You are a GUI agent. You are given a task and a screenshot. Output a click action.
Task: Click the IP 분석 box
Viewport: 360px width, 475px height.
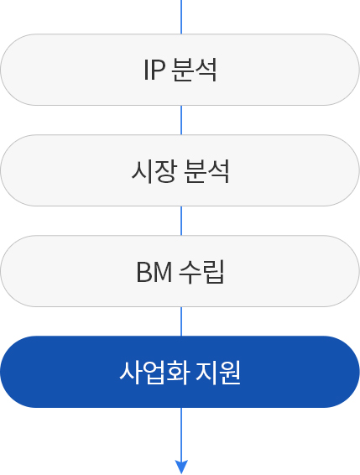click(180, 70)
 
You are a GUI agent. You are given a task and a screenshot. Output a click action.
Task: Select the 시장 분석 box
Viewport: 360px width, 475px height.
click(180, 170)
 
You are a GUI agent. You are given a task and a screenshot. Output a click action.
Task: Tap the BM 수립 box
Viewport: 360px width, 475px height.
click(180, 271)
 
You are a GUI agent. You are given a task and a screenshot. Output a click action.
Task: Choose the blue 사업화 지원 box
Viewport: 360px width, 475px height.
click(180, 372)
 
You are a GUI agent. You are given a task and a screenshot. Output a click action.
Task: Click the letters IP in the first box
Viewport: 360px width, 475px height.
click(154, 70)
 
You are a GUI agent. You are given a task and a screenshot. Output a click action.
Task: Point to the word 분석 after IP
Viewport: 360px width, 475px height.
click(194, 70)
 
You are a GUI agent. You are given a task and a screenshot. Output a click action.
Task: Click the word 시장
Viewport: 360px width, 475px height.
click(154, 171)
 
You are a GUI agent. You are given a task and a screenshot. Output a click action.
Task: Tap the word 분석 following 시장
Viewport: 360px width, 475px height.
click(206, 171)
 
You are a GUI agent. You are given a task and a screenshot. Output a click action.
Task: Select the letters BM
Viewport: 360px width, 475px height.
click(154, 272)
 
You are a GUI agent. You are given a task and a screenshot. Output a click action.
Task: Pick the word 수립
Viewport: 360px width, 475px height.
click(201, 272)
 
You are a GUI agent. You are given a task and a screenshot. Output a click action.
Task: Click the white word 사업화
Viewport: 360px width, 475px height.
click(154, 373)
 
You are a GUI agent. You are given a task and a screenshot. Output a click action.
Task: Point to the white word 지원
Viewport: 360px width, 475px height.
click(218, 373)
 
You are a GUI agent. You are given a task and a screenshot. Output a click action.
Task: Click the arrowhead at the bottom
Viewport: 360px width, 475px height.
click(181, 466)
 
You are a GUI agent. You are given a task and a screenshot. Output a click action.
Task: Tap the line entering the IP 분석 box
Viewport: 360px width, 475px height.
click(181, 17)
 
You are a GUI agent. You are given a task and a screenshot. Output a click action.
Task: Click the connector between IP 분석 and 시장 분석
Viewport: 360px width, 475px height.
click(181, 120)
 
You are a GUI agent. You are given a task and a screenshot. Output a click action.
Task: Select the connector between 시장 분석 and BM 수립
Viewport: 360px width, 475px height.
click(181, 221)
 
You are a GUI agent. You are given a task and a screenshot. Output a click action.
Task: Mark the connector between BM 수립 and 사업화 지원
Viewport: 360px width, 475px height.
click(181, 321)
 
